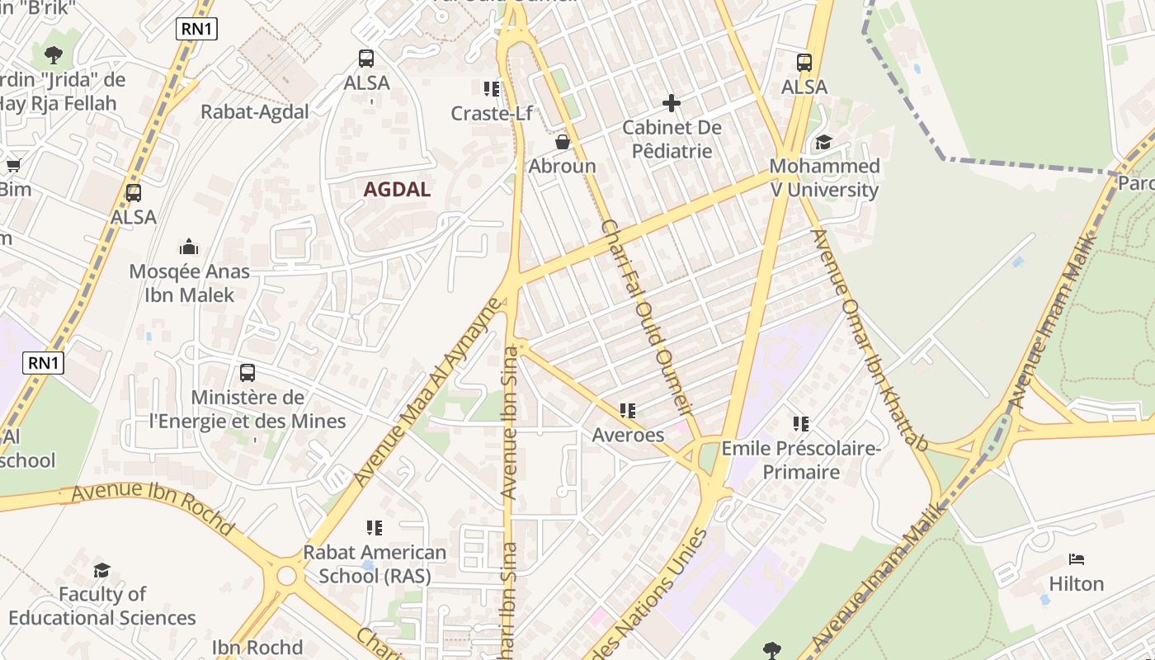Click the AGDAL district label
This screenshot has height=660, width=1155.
[x=397, y=189]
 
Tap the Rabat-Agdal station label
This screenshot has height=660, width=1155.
[x=255, y=112]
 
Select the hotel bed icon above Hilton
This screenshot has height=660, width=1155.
[x=1076, y=559]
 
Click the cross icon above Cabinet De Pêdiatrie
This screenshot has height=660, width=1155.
[x=672, y=103]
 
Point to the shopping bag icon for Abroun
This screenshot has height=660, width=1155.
[x=563, y=142]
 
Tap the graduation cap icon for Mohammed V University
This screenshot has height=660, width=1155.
[x=823, y=142]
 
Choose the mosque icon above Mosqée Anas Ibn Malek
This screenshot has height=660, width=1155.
[x=189, y=247]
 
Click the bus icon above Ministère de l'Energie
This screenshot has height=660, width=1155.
[x=247, y=372]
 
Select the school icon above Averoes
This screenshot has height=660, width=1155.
[x=628, y=410]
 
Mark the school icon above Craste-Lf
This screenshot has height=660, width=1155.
[x=492, y=88]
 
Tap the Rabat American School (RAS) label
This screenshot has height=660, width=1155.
[x=375, y=563]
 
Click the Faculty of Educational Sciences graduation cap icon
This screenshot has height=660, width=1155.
[x=101, y=570]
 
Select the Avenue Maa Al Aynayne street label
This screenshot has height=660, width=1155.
[x=427, y=392]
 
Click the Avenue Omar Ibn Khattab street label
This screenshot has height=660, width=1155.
[x=870, y=340]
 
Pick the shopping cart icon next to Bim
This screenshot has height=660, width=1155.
[x=13, y=166]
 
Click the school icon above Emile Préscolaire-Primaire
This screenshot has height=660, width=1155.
[x=800, y=424]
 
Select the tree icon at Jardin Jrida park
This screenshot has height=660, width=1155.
[x=54, y=55]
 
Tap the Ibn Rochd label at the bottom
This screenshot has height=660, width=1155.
[x=257, y=647]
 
